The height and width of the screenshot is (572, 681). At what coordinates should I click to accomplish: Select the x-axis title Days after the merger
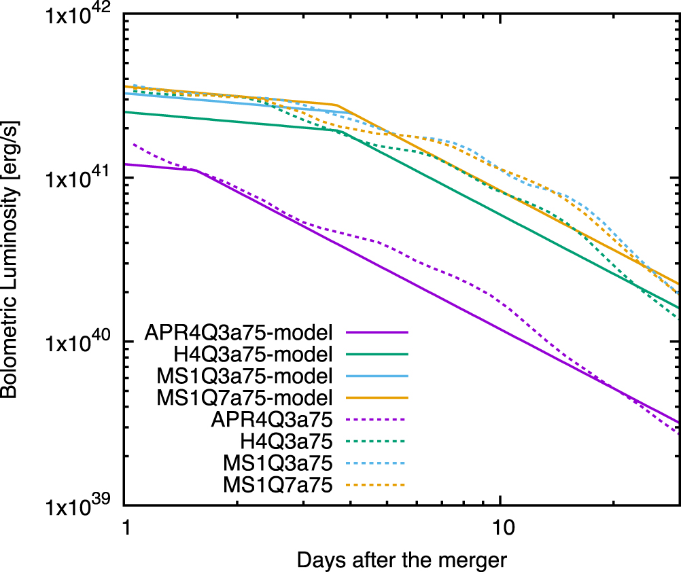(402, 560)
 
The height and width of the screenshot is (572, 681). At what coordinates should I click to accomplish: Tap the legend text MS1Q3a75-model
(245, 375)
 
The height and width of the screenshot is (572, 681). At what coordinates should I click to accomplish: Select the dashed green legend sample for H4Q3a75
(376, 442)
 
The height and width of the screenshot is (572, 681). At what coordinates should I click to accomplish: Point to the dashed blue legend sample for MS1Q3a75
(376, 463)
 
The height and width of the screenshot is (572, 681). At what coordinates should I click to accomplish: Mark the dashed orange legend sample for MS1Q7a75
(376, 484)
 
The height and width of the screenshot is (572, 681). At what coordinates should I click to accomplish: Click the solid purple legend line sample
(376, 333)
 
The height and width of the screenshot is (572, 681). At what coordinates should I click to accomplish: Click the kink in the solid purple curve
(196, 170)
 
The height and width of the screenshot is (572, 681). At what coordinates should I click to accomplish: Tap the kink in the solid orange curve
(337, 105)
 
